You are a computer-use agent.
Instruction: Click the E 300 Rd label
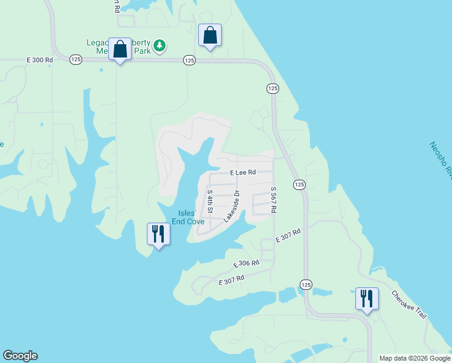click(40, 60)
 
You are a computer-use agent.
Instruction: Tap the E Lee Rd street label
click(244, 172)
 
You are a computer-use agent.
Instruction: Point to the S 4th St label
click(210, 201)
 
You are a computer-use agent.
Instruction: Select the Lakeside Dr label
click(232, 207)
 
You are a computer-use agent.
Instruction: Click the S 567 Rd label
click(273, 200)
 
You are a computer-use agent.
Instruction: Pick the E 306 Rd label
click(246, 264)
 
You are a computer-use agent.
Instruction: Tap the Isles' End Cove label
click(187, 217)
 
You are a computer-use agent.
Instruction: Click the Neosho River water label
click(441, 160)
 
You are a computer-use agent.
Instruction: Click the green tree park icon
click(160, 46)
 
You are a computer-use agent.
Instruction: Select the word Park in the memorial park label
click(141, 51)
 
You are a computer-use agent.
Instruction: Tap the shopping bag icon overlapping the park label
click(120, 50)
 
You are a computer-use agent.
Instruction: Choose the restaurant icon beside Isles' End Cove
click(158, 234)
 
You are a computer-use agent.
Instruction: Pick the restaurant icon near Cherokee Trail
click(367, 299)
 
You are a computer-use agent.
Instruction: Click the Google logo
click(20, 356)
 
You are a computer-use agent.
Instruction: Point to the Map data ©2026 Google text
click(415, 358)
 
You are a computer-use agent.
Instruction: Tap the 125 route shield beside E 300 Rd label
click(76, 59)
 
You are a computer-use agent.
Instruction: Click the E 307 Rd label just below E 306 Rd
click(231, 280)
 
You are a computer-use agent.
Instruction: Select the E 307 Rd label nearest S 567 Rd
click(288, 236)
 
